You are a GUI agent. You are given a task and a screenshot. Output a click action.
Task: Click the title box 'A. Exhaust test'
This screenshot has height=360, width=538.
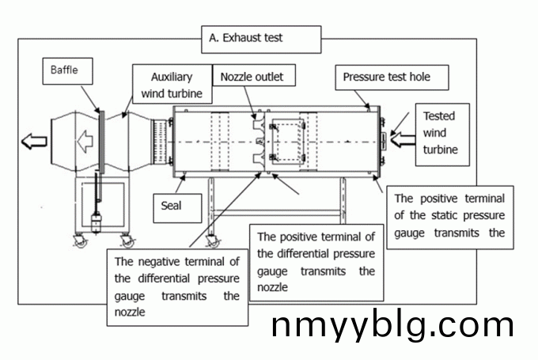(261, 37)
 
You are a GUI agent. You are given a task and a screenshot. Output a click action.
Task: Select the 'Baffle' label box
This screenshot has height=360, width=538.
(69, 73)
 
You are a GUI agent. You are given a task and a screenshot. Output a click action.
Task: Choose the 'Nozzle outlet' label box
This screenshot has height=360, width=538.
(252, 77)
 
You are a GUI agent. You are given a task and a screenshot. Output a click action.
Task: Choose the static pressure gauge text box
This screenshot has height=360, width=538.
(449, 216)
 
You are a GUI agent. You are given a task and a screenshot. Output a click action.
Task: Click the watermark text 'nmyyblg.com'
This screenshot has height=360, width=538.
(392, 325)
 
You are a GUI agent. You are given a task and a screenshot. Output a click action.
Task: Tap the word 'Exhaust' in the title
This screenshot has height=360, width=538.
(241, 37)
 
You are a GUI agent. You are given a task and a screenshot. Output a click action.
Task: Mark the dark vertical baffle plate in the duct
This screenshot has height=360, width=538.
(100, 142)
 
